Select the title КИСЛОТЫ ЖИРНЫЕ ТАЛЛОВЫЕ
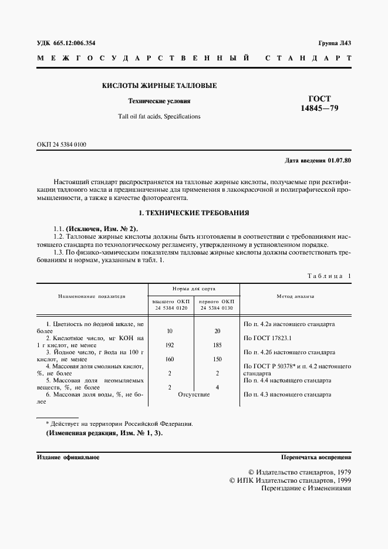coord(160,86)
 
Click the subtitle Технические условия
coord(159,101)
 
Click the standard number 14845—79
coord(319,109)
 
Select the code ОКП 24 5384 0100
coord(61,144)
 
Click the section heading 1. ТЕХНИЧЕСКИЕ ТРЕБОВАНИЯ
coord(194,212)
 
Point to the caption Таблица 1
coord(328,276)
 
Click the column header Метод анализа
coord(296,296)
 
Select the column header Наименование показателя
coord(92,296)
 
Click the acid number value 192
coord(170,346)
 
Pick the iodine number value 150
coord(217,359)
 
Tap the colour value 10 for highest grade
coord(170,331)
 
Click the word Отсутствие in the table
coord(194,395)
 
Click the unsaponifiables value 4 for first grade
coord(217,387)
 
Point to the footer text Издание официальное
coord(68,456)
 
